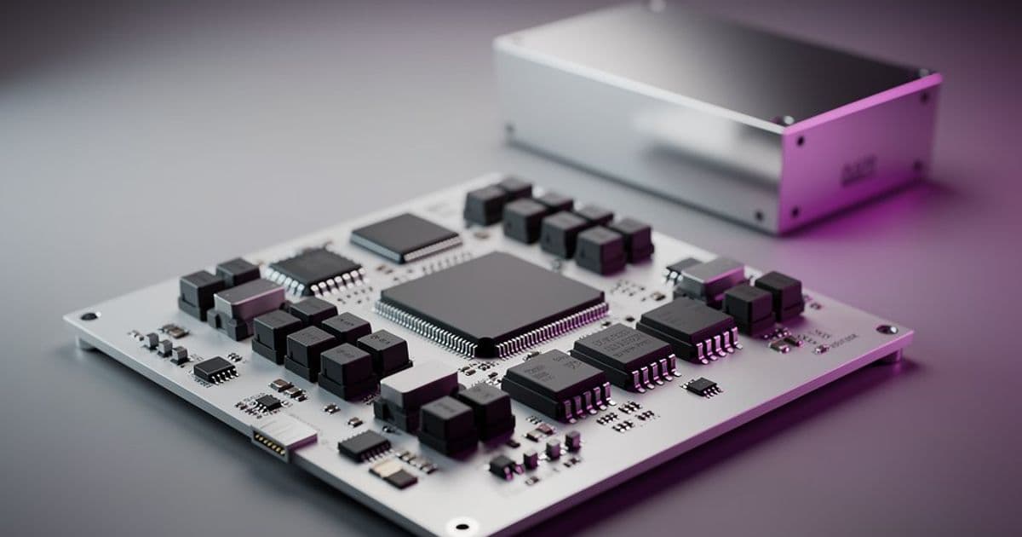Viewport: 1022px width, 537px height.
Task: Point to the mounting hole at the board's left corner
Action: (x=89, y=316)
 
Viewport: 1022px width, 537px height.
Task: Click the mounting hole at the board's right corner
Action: (x=887, y=329)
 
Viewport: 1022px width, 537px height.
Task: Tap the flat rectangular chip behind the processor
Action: (x=405, y=234)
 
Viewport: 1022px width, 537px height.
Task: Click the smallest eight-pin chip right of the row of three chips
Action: (x=703, y=387)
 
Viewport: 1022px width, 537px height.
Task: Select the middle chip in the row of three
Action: (x=623, y=352)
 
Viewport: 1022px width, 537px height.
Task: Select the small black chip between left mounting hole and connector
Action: (x=215, y=369)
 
